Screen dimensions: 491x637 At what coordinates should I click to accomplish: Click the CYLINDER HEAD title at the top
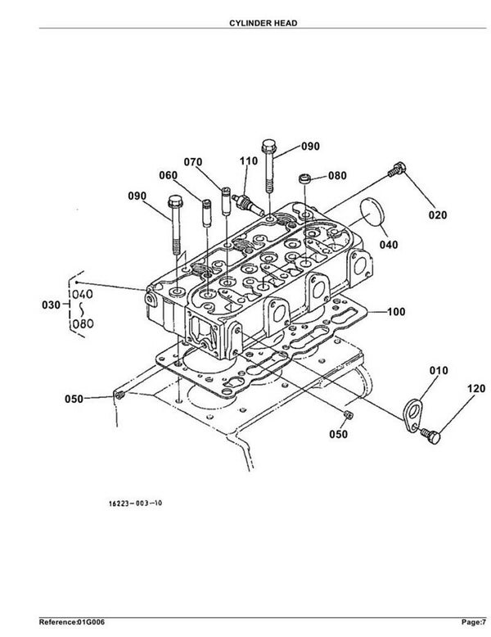coord(264,23)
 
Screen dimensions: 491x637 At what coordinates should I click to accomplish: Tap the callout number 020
coord(437,215)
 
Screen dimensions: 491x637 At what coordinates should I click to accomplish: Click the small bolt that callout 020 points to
coord(397,169)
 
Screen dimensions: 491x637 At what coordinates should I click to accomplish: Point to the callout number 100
coord(396,312)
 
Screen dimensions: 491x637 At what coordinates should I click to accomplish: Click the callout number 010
coord(439,370)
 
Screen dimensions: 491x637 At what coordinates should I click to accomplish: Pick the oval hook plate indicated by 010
coord(412,414)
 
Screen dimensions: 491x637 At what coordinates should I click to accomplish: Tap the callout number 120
coord(476,389)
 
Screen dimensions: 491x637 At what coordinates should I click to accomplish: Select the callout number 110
coord(249,160)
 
